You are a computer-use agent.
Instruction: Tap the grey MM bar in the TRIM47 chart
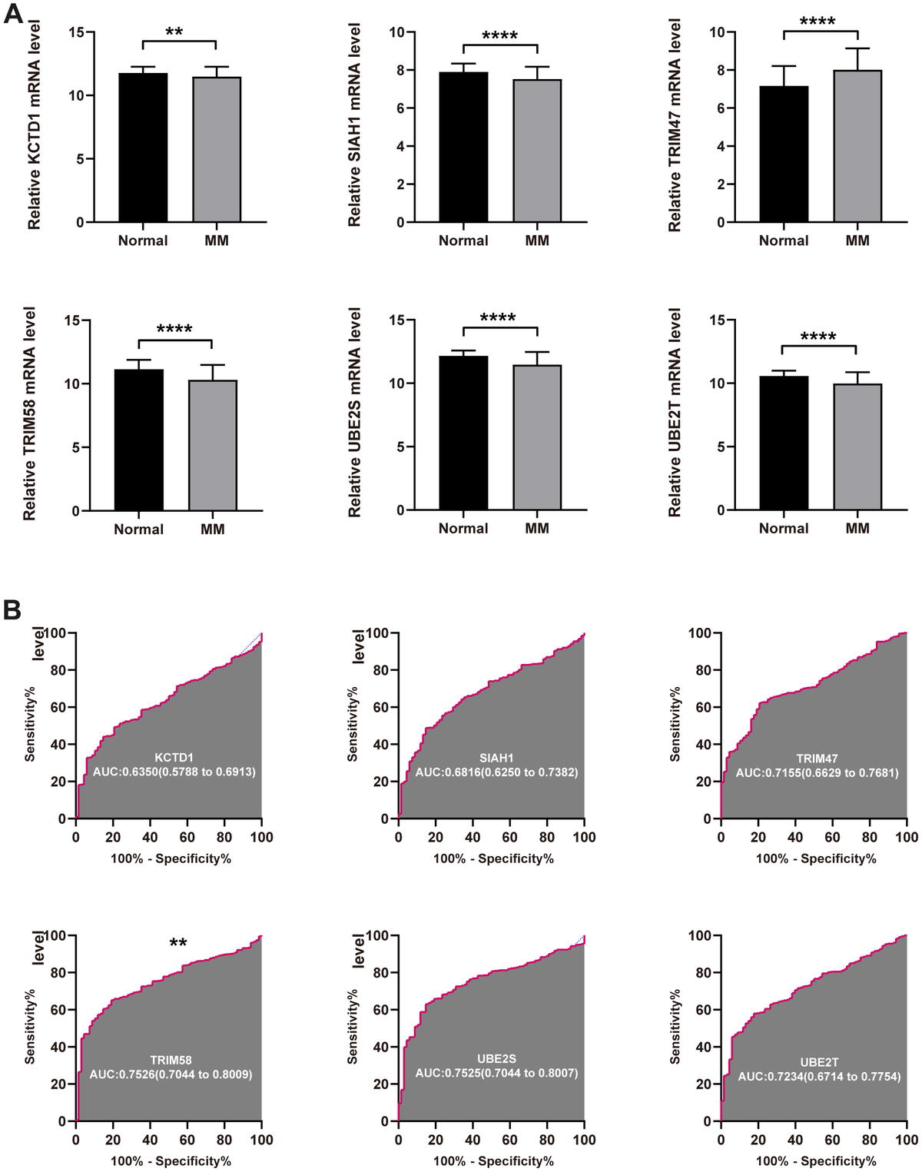point(857,146)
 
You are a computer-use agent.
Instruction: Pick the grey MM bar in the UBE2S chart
point(537,437)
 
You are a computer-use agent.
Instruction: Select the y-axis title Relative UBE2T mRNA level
point(675,413)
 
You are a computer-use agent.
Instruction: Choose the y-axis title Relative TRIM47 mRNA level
point(675,126)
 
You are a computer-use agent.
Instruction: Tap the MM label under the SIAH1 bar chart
point(537,241)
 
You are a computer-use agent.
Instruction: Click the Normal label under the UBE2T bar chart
point(784,528)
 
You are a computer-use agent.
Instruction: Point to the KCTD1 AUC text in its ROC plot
point(174,771)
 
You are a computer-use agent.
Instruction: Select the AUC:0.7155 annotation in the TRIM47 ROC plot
point(817,772)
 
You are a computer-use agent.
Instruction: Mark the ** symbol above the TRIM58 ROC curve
point(178,942)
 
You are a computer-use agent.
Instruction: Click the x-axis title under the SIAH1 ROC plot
point(493,858)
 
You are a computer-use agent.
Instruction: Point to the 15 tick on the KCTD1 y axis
point(75,32)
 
